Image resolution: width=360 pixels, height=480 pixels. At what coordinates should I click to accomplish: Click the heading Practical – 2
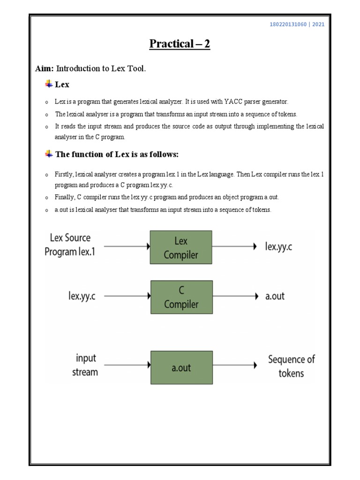[180, 44]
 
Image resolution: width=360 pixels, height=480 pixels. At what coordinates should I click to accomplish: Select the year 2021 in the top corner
[318, 25]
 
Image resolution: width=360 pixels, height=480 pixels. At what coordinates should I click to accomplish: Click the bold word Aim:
[45, 69]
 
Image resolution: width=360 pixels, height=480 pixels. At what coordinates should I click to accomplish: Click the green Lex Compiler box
[180, 247]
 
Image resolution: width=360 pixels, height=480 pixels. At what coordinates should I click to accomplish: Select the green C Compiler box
[180, 297]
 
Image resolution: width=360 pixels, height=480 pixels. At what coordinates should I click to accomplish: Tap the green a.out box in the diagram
[180, 367]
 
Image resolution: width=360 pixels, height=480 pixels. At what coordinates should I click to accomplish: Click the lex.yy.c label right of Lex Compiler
[278, 247]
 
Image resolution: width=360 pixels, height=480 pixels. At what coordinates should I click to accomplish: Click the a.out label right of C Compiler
[275, 296]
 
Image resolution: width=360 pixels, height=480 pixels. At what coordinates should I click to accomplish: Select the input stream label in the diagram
[85, 365]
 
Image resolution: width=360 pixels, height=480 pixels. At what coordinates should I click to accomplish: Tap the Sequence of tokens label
[291, 366]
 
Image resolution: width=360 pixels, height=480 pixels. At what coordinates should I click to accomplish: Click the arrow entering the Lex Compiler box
[127, 246]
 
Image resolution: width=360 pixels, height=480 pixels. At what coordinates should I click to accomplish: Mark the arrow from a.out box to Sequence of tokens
[234, 365]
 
